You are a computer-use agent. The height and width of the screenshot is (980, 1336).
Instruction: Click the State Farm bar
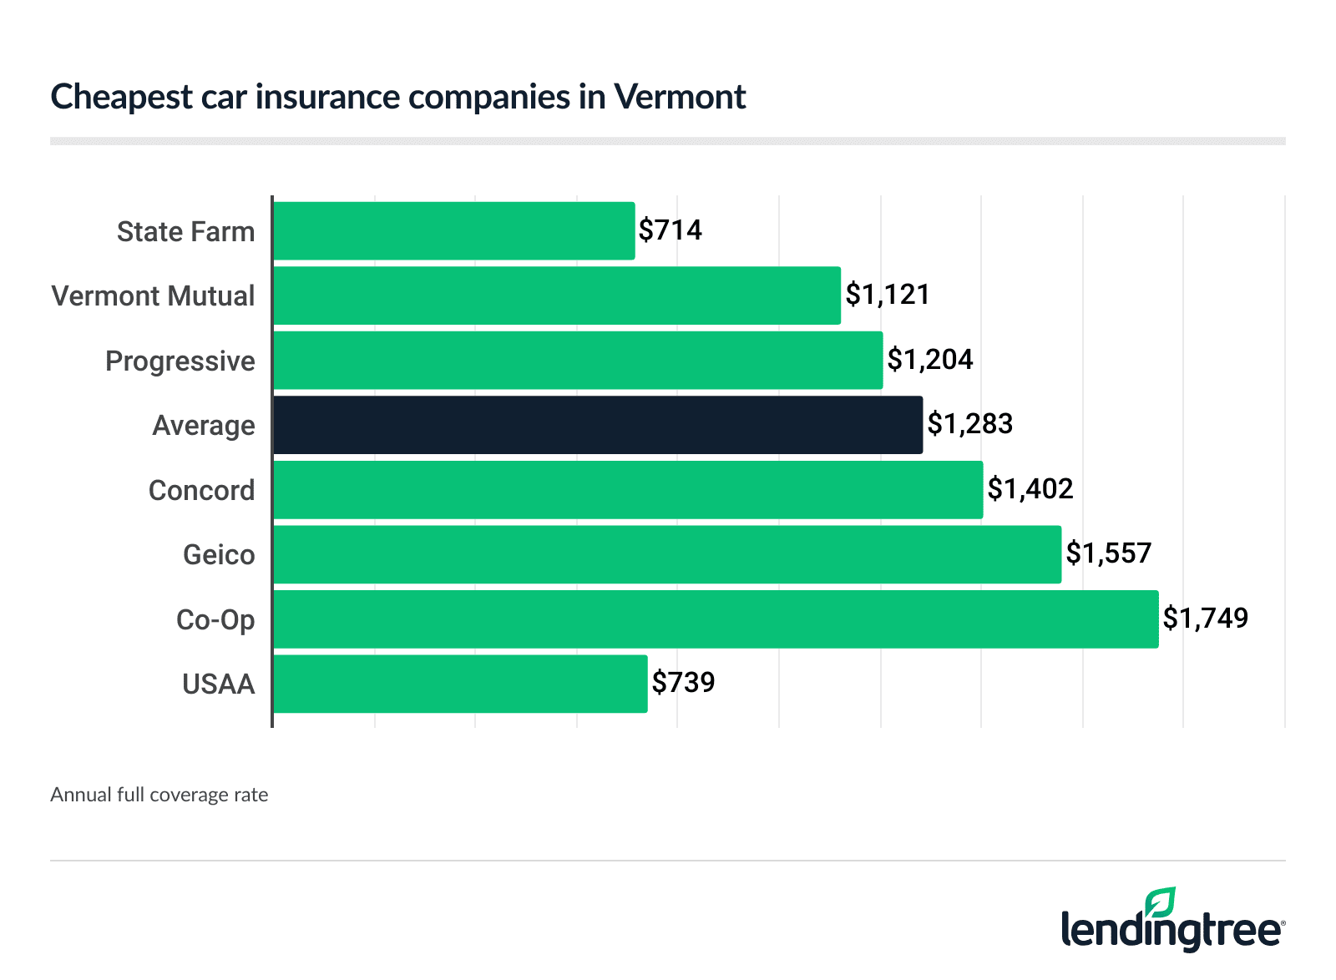tap(453, 230)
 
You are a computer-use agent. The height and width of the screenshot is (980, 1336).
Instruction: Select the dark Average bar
tap(598, 425)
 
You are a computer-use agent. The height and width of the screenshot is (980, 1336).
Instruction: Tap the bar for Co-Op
tap(716, 619)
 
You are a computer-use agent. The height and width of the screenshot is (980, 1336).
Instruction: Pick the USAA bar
tap(460, 684)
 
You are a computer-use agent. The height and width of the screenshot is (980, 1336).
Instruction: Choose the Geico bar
tap(667, 554)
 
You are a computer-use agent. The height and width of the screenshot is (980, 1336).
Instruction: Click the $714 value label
tap(671, 230)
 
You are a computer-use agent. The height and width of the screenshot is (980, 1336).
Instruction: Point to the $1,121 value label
tap(888, 294)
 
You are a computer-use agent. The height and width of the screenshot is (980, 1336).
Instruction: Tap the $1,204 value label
tap(930, 359)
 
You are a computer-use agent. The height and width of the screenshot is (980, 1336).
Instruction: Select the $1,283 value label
tap(970, 424)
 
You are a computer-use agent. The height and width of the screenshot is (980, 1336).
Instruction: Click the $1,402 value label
tap(1030, 488)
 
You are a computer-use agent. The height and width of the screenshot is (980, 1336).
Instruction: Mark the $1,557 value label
tap(1109, 553)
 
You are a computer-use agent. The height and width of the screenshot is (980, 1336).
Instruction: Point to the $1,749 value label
tap(1206, 618)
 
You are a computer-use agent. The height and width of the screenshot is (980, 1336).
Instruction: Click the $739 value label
tap(684, 682)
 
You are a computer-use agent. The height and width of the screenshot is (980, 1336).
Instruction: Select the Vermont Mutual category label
tap(153, 296)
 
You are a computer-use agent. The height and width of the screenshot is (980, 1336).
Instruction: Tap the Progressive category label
tap(180, 361)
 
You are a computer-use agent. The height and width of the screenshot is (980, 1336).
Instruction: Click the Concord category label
tap(201, 490)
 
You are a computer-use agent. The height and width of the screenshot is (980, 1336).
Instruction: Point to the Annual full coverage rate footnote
tap(159, 795)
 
